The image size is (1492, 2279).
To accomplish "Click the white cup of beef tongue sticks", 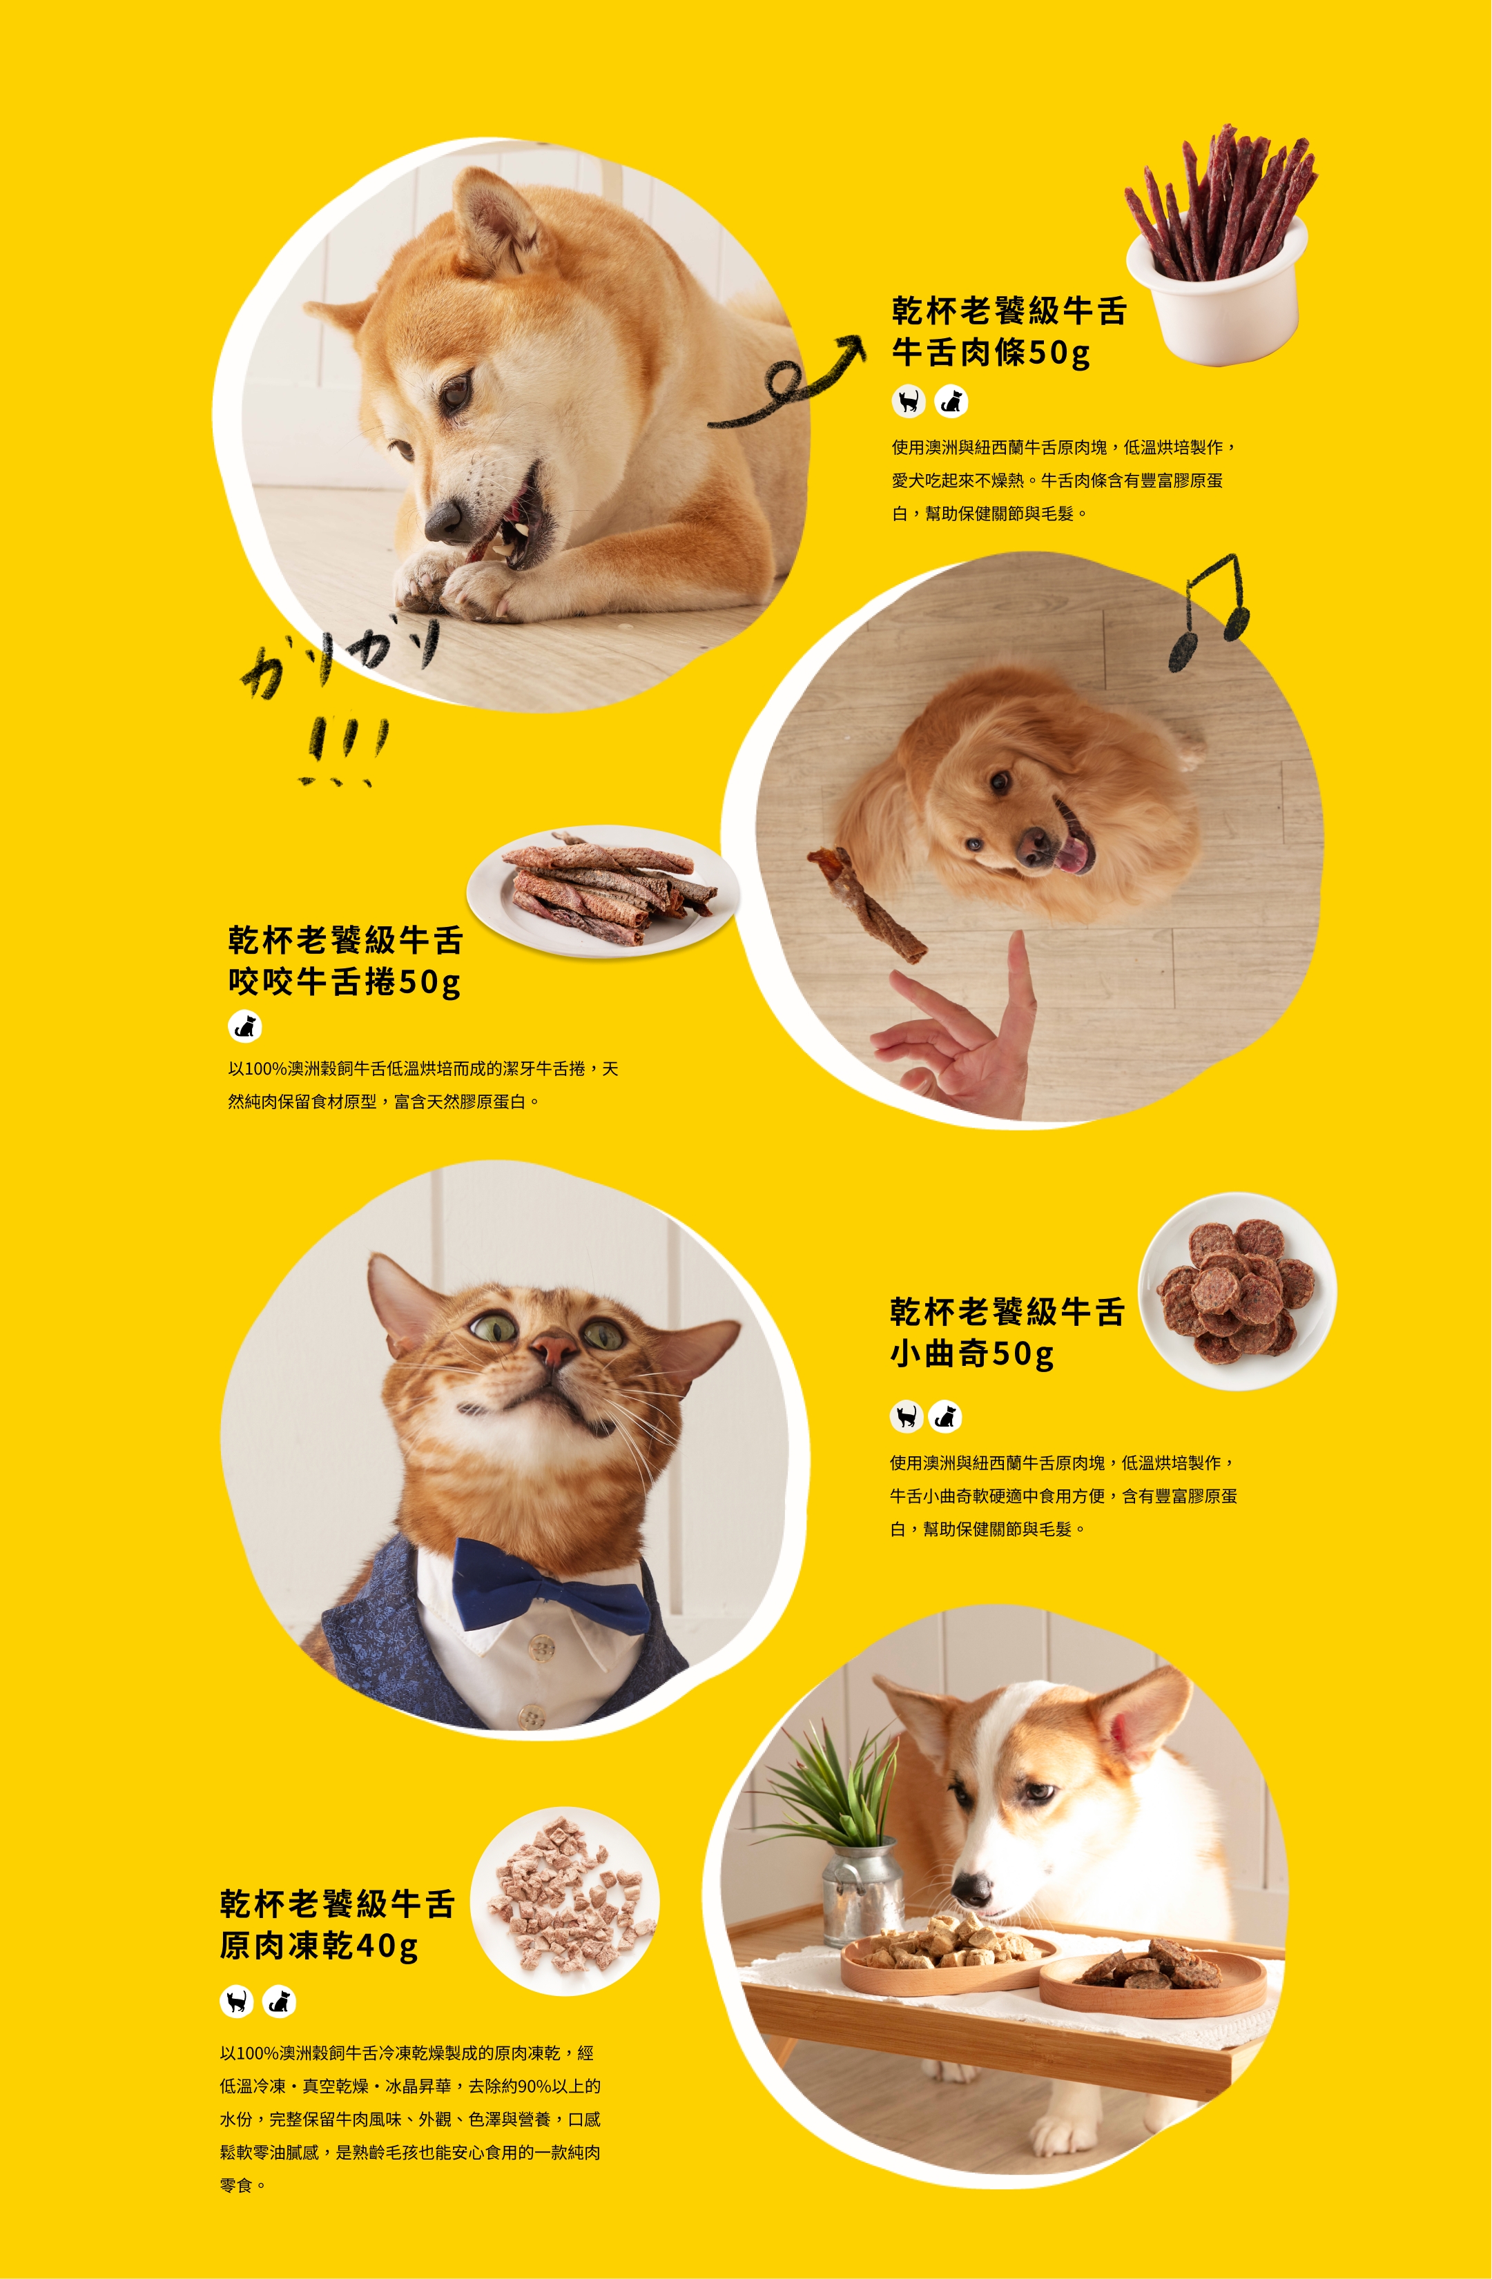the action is click(x=1217, y=287).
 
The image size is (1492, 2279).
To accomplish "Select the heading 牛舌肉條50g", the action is click(x=991, y=353).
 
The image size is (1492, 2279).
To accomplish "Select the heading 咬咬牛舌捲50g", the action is click(x=345, y=981).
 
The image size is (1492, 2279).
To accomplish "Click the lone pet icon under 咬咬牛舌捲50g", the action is click(x=245, y=1026).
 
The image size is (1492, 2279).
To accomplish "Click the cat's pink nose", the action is click(x=554, y=1350).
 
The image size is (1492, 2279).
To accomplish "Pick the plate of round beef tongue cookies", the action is click(x=1237, y=1291).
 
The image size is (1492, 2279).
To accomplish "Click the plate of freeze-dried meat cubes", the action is click(x=565, y=1901).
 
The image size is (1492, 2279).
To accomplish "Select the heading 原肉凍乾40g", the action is click(x=319, y=1945).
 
